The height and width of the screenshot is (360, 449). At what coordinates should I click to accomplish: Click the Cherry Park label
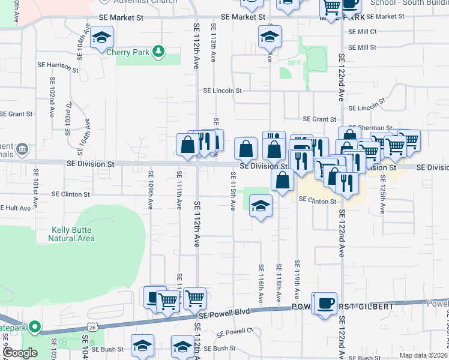click(x=127, y=52)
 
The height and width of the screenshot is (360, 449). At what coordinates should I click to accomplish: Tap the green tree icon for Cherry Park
click(x=158, y=52)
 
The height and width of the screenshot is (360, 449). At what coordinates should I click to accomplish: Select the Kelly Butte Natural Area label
click(x=73, y=234)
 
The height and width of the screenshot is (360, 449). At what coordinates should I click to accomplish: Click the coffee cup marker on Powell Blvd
click(x=325, y=302)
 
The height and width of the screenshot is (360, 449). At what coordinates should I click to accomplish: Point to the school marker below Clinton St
click(x=260, y=206)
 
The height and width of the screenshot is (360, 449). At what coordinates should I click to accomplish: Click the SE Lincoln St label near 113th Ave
click(x=222, y=91)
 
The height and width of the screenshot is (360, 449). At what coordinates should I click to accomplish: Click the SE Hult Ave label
click(x=16, y=208)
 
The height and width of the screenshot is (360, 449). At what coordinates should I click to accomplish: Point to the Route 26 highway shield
click(x=92, y=327)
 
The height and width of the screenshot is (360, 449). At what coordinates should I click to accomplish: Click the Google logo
click(x=19, y=352)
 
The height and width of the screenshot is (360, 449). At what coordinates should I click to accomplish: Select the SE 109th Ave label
click(x=151, y=190)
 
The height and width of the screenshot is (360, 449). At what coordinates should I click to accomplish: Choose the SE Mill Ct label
click(x=362, y=31)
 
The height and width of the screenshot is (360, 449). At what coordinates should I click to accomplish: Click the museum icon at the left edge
click(x=22, y=148)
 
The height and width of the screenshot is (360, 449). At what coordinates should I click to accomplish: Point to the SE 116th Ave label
click(x=261, y=283)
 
